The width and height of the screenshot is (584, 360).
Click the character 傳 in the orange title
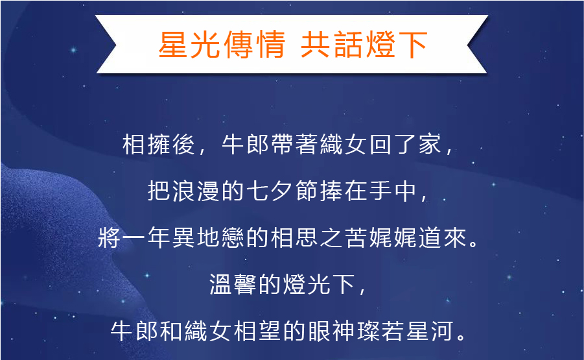pyautogui.click(x=237, y=45)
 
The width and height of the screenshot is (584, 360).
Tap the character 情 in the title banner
pyautogui.click(x=270, y=45)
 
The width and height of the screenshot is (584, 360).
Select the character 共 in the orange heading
pyautogui.click(x=316, y=45)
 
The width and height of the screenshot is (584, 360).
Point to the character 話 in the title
pyautogui.click(x=348, y=45)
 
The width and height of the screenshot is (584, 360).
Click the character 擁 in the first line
pyautogui.click(x=159, y=144)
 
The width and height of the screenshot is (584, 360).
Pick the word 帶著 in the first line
pyautogui.click(x=282, y=144)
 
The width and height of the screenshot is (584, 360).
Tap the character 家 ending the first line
pyautogui.click(x=430, y=144)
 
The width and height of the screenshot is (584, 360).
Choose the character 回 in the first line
pyautogui.click(x=380, y=144)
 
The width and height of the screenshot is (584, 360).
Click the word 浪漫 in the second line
pyautogui.click(x=196, y=191)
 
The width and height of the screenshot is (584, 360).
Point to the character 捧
pyautogui.click(x=331, y=191)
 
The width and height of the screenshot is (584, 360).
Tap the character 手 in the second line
pyautogui.click(x=380, y=191)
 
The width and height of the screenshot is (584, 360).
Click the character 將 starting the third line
pyautogui.click(x=109, y=237)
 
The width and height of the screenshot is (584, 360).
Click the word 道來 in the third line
pyautogui.click(x=441, y=237)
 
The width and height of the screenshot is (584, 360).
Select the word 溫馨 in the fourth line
pyautogui.click(x=233, y=284)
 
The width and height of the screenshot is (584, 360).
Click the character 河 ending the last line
pyautogui.click(x=441, y=331)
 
